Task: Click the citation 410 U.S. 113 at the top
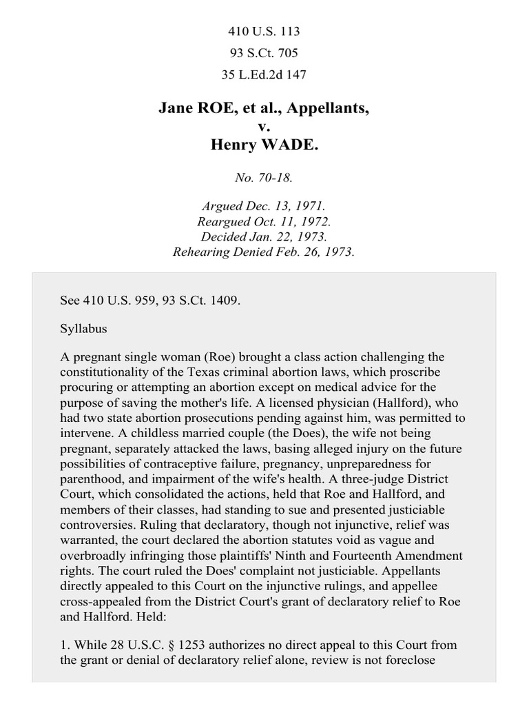264,32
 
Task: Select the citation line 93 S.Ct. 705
264,52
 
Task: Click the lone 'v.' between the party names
264,128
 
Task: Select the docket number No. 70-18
264,177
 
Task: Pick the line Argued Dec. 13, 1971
264,206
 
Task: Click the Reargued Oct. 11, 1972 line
264,221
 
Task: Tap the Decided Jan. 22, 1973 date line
264,236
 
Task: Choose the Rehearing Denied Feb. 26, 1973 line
264,252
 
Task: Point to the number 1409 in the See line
226,301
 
